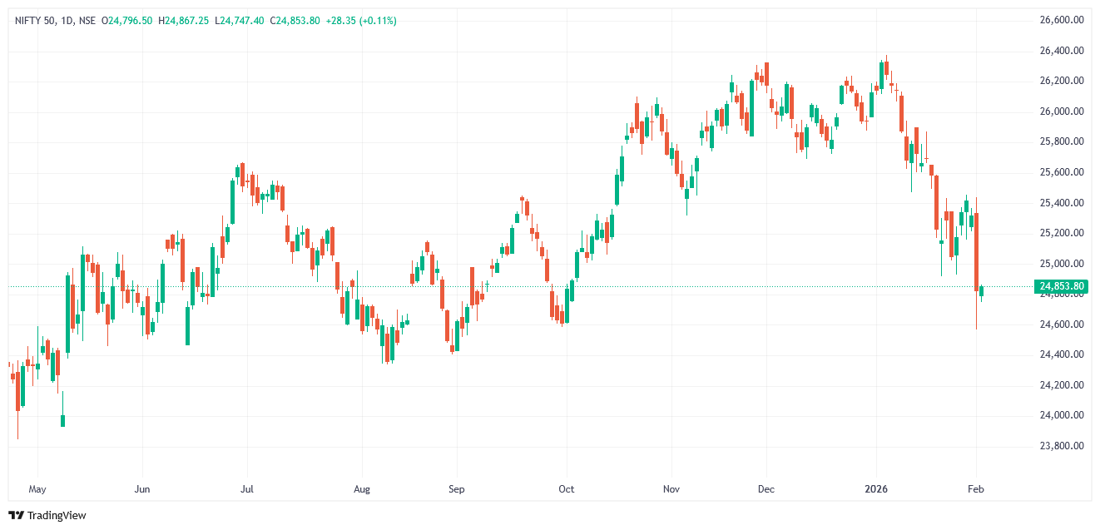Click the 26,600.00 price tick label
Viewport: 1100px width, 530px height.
click(x=1062, y=20)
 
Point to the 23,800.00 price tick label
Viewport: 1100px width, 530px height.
click(x=1062, y=446)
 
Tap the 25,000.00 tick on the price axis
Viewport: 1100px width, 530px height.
click(x=1062, y=264)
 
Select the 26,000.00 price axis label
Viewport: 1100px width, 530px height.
click(x=1062, y=111)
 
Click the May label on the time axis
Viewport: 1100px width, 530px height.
click(x=37, y=489)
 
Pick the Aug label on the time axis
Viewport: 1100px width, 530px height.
click(x=360, y=489)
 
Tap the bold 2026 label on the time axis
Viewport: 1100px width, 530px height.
click(x=877, y=489)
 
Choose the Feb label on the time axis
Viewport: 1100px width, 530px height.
click(x=976, y=489)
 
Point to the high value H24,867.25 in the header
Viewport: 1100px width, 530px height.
click(x=188, y=20)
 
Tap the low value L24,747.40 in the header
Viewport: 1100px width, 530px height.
click(x=240, y=20)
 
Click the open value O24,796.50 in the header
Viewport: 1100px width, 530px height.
click(x=127, y=20)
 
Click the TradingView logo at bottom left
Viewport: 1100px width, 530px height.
click(x=47, y=516)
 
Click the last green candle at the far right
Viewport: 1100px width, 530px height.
click(x=982, y=290)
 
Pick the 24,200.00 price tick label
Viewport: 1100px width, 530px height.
click(x=1062, y=385)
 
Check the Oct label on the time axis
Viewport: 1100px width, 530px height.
click(x=567, y=489)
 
